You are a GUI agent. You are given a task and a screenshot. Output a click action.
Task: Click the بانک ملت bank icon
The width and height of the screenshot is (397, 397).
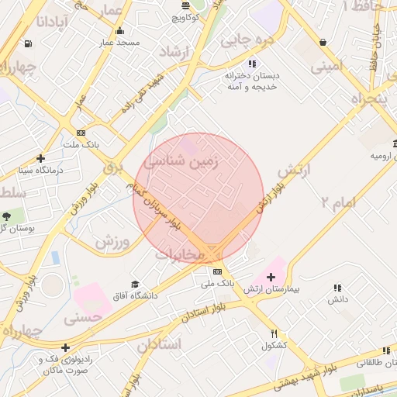(81, 133)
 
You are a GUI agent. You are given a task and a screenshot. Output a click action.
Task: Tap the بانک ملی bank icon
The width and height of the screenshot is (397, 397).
(217, 271)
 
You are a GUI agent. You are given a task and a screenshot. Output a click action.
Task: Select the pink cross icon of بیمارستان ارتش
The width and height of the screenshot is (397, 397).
(271, 277)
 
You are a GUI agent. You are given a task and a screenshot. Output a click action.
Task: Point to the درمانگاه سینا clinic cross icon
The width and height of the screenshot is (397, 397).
(42, 157)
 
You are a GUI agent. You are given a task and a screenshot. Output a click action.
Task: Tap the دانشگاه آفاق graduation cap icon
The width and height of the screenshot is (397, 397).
(135, 285)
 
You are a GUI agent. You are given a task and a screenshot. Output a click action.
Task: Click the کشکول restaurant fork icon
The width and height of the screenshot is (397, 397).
(274, 334)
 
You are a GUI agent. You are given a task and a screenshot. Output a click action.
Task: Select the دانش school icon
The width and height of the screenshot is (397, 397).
(337, 288)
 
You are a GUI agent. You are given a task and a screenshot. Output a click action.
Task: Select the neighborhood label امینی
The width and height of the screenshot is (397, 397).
(327, 67)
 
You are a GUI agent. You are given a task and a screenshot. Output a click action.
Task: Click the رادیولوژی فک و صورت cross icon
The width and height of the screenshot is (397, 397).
(65, 348)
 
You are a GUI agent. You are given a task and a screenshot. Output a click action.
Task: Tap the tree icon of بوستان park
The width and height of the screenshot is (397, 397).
(7, 216)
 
